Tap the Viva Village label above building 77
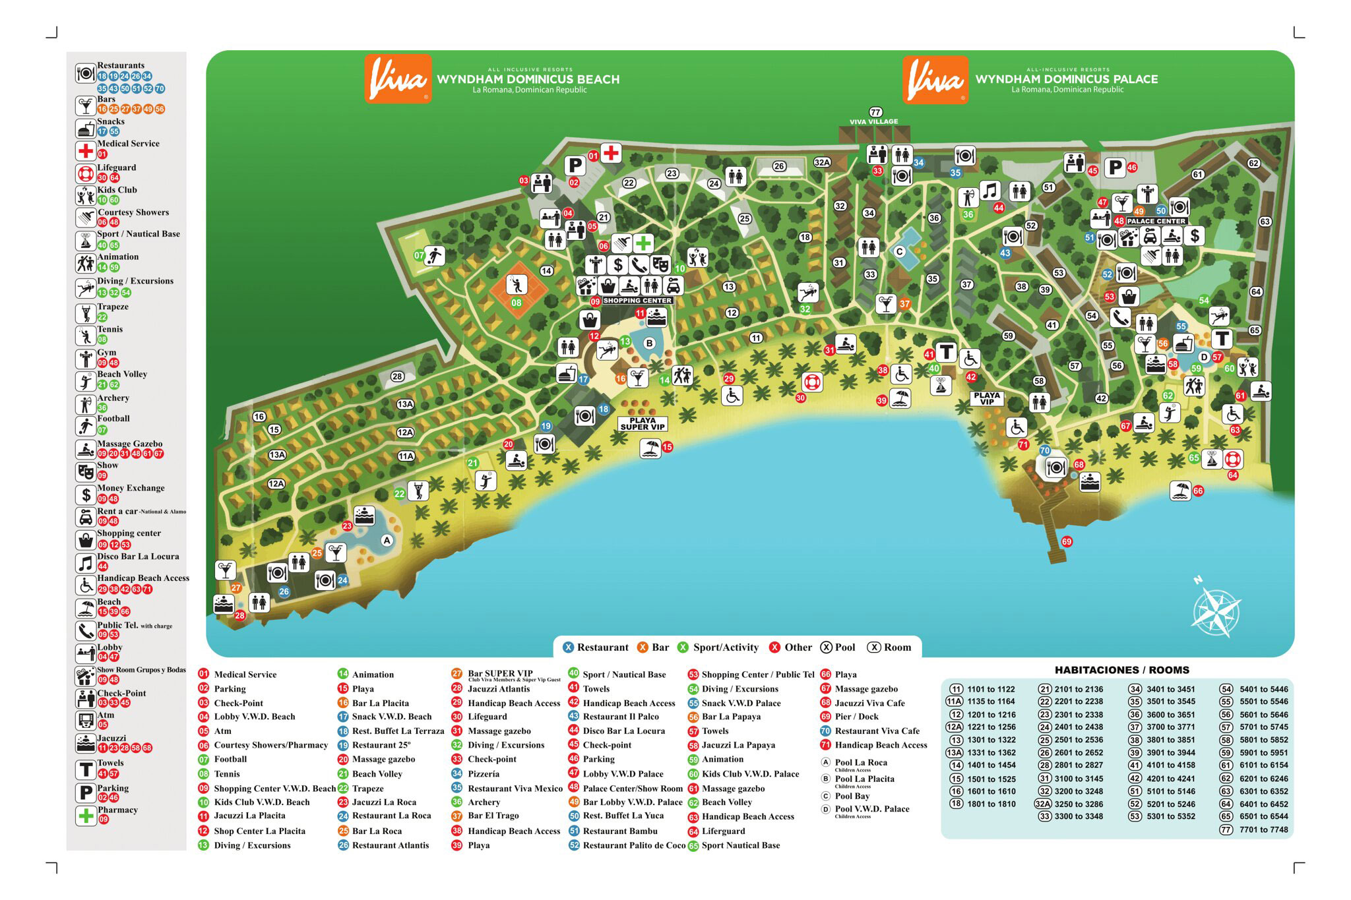coord(873,121)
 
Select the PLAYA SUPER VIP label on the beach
coord(642,423)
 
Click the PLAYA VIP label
coord(986,398)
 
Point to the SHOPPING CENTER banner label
coord(637,301)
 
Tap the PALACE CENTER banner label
coord(1156,221)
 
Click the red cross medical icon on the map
coord(611,153)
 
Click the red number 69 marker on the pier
coord(1067,541)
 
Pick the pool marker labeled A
coord(387,540)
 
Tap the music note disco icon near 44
coord(989,191)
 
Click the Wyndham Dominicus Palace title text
coord(1066,79)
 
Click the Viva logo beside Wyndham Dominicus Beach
coord(398,79)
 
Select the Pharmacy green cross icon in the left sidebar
coord(86,816)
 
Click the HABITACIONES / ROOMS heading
coord(1121,670)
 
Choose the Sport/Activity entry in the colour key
coord(725,647)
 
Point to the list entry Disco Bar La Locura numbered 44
coord(623,731)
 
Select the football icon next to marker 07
coord(434,255)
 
